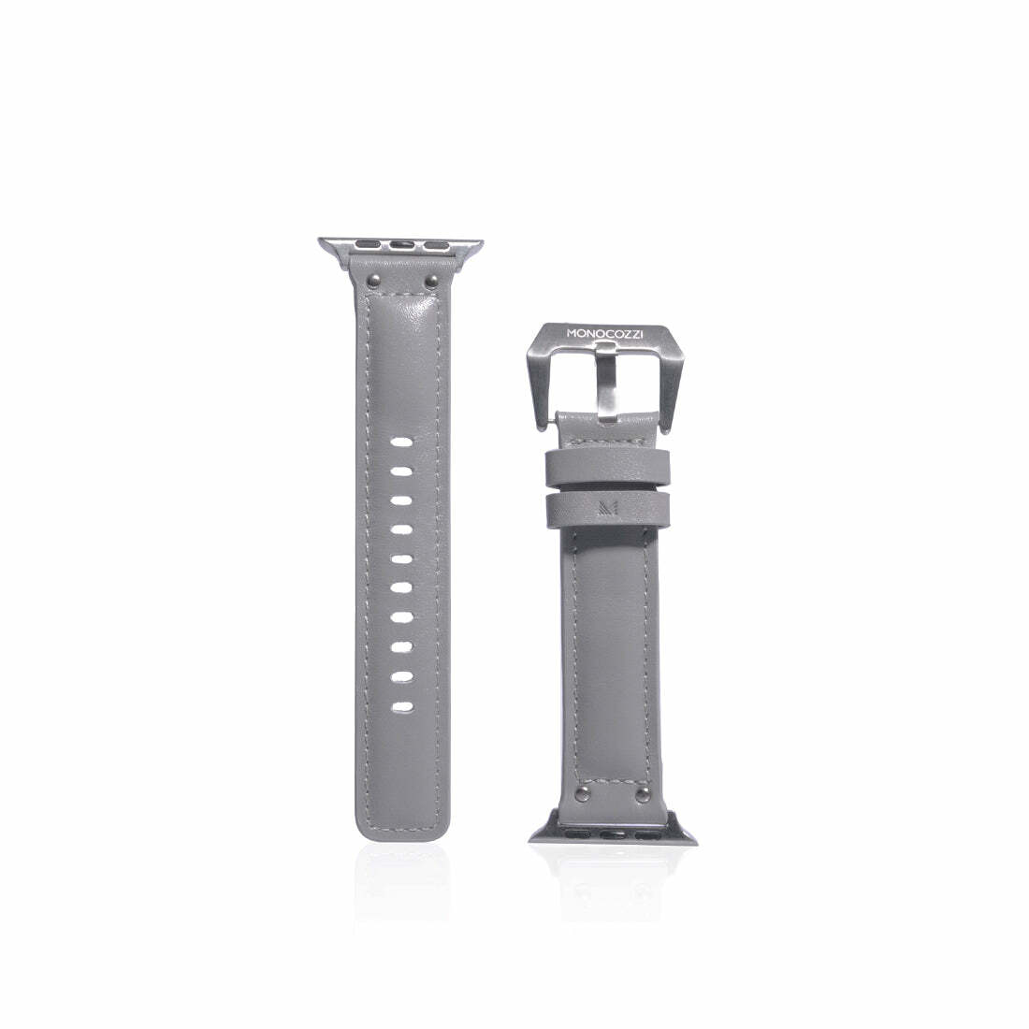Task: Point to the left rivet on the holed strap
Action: click(371, 282)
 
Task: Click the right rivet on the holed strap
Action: click(430, 282)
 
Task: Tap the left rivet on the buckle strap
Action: click(580, 795)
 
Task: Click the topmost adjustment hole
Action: click(402, 442)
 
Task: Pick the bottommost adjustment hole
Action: click(402, 707)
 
